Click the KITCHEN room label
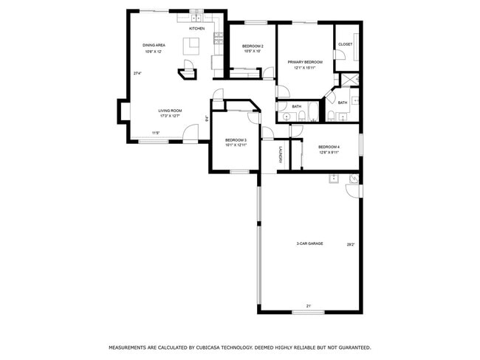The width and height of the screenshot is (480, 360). pyautogui.click(x=196, y=29)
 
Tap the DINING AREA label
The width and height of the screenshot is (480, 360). pyautogui.click(x=153, y=45)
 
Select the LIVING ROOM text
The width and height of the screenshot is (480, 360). pyautogui.click(x=170, y=111)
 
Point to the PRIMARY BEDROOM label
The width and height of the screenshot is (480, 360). pyautogui.click(x=305, y=62)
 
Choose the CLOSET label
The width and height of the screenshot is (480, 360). pyautogui.click(x=345, y=44)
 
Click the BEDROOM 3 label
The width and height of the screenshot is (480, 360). pyautogui.click(x=236, y=140)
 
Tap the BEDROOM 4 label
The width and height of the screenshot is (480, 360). pyautogui.click(x=329, y=147)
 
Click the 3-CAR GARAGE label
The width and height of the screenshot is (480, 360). pyautogui.click(x=309, y=243)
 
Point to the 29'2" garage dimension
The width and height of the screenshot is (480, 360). pyautogui.click(x=351, y=246)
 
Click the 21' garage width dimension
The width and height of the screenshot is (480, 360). pyautogui.click(x=308, y=306)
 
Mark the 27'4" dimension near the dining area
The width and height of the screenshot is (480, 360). pyautogui.click(x=137, y=73)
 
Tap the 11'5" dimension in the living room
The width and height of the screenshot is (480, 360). pyautogui.click(x=156, y=133)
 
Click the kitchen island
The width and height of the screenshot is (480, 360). pyautogui.click(x=192, y=44)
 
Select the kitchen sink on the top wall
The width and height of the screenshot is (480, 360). pyautogui.click(x=196, y=17)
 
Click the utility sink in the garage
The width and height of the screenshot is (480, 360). pyautogui.click(x=334, y=178)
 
